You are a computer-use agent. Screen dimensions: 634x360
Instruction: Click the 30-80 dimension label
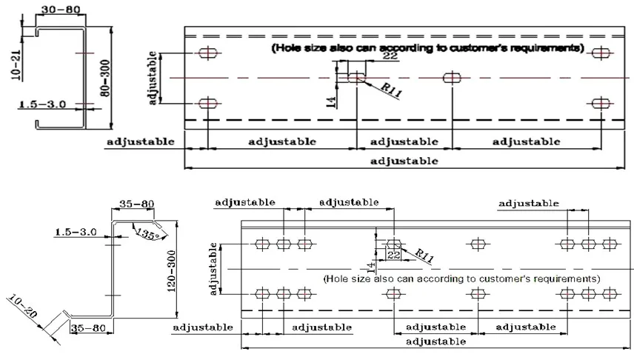(61, 9)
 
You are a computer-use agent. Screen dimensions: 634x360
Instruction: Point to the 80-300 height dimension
(104, 78)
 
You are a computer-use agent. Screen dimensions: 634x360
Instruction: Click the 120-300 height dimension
(171, 271)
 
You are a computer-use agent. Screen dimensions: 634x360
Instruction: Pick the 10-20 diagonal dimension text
(23, 306)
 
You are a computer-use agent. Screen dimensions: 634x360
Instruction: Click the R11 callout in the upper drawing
(391, 90)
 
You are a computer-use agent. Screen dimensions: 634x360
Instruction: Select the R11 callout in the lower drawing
(424, 256)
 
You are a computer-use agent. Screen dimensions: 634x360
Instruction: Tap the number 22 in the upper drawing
(390, 56)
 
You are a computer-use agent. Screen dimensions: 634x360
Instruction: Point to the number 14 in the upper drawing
(331, 102)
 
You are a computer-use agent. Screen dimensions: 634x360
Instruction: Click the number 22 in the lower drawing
(393, 255)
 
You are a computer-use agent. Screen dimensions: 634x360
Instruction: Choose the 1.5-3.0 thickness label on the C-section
(42, 104)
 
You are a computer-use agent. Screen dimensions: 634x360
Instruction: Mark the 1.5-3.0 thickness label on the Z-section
(76, 232)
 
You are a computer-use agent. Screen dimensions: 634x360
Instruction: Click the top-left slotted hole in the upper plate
(208, 53)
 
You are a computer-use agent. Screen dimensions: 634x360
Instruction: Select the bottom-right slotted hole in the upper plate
(601, 104)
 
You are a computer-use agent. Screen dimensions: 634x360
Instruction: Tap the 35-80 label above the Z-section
(137, 204)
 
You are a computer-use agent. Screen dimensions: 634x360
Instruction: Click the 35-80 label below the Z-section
(88, 327)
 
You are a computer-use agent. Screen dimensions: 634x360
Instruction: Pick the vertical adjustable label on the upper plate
(153, 78)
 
